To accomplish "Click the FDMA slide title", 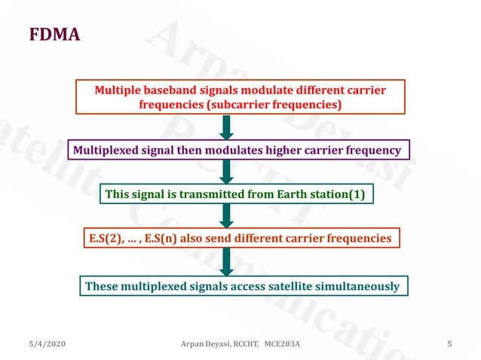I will (54, 35).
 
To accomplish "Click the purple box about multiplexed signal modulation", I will (240, 151).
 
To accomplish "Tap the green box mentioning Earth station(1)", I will (234, 195).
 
